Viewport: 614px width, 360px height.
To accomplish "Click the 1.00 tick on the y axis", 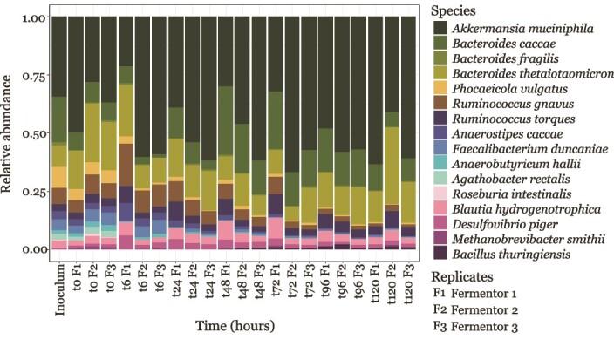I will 34,18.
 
